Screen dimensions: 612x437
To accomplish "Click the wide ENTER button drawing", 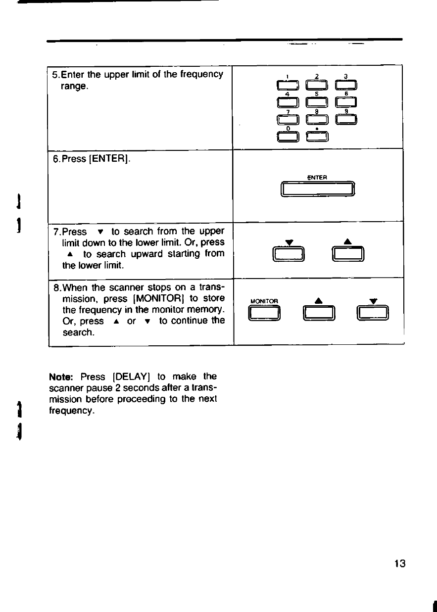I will click(x=317, y=189).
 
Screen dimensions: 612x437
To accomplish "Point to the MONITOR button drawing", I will click(x=265, y=313).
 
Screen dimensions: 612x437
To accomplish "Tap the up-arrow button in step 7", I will click(x=348, y=254).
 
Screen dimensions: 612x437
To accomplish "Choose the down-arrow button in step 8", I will click(x=374, y=313).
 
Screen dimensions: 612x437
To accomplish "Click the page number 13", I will click(x=400, y=564).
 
